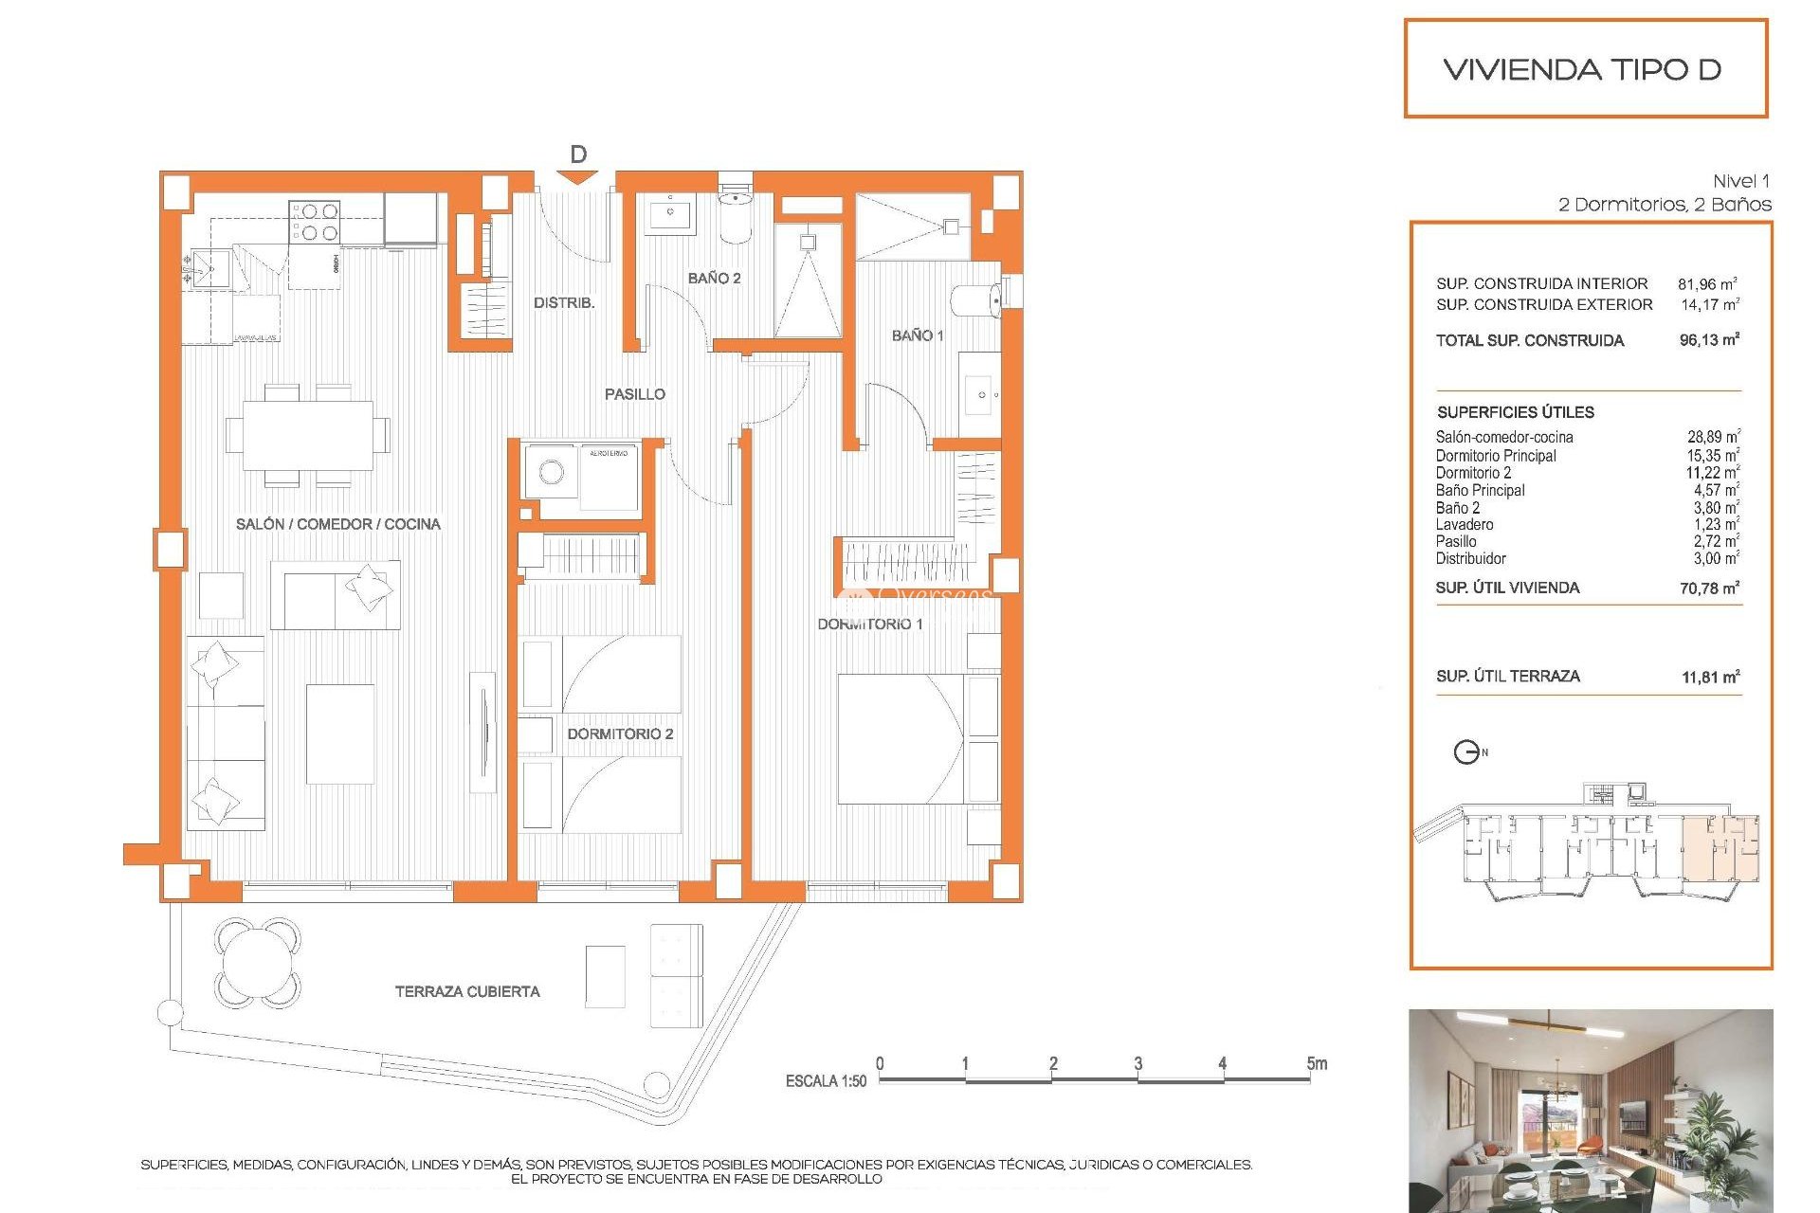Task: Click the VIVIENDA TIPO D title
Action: click(x=1582, y=69)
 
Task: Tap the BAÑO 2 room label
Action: click(x=714, y=278)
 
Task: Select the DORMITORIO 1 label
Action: click(x=869, y=624)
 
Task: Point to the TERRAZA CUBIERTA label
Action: click(x=467, y=991)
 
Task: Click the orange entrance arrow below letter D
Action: click(x=578, y=177)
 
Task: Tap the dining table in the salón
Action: click(x=308, y=435)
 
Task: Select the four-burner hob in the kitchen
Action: click(x=315, y=222)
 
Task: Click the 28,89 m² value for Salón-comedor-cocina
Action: click(x=1712, y=437)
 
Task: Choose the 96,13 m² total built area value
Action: click(x=1709, y=340)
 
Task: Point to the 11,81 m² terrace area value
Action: click(x=1710, y=677)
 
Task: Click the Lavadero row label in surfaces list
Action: click(x=1465, y=525)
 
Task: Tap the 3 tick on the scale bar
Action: click(x=1137, y=1064)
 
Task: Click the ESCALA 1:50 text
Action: click(x=826, y=1081)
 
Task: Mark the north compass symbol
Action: click(x=1467, y=752)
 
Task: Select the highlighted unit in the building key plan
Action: click(x=1720, y=848)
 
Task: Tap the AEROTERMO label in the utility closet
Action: click(x=609, y=454)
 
